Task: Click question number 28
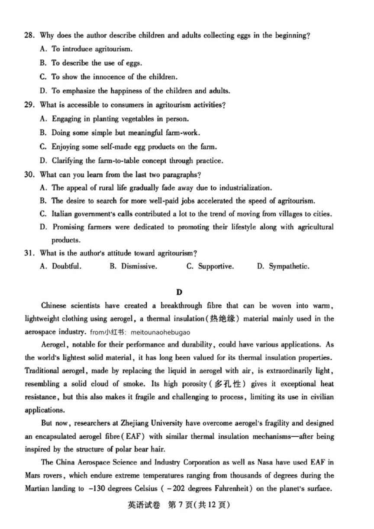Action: [29, 36]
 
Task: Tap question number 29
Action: [29, 105]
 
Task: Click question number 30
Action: [29, 175]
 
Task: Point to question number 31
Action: [29, 253]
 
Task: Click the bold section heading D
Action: [179, 292]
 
